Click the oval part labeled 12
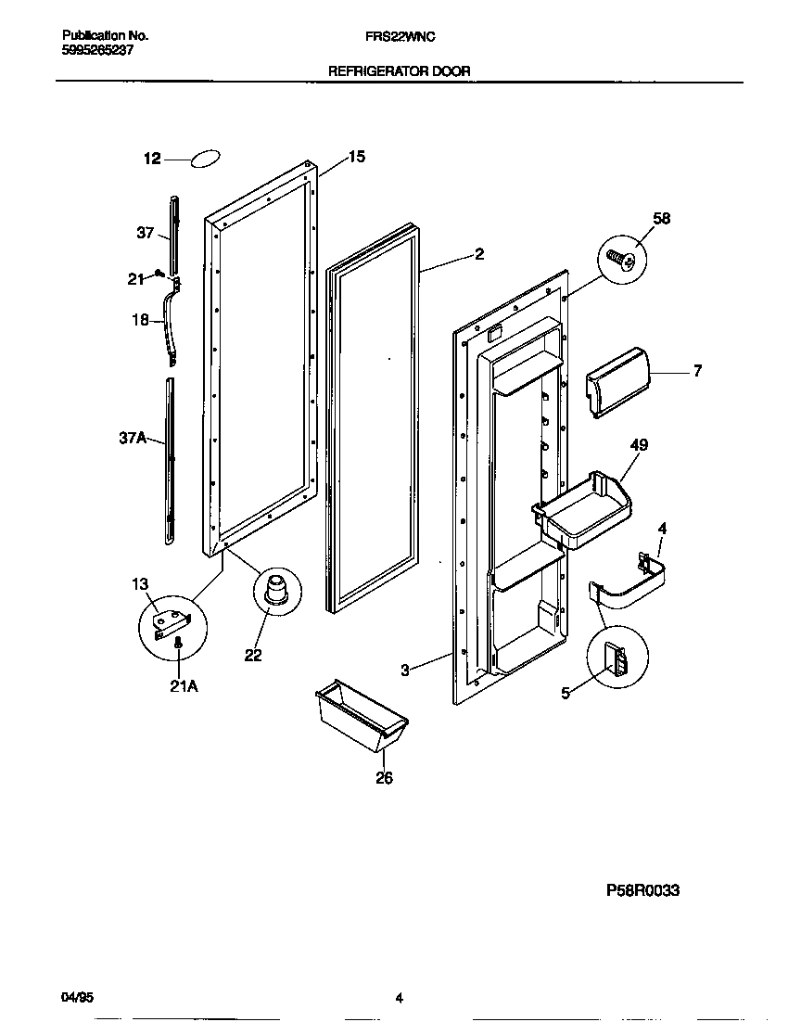pos(206,160)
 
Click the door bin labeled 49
pos(586,510)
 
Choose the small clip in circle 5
pos(617,659)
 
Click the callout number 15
pos(356,158)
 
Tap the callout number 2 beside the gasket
pos(478,254)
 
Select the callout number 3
pos(405,670)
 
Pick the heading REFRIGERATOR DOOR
pos(400,70)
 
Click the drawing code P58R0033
pos(643,889)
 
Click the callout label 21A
pos(183,686)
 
